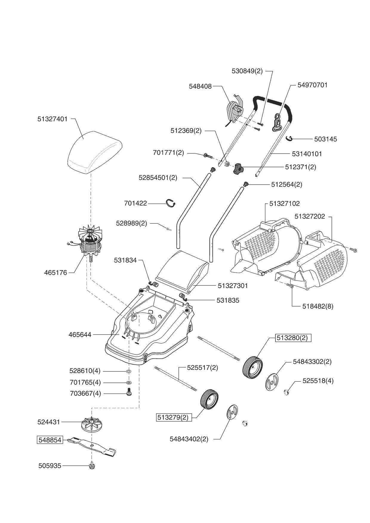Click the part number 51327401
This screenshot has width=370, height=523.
(x=53, y=119)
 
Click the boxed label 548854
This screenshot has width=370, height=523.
(x=50, y=440)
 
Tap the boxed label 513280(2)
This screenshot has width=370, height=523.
(x=293, y=338)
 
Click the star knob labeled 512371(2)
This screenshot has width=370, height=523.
(x=238, y=169)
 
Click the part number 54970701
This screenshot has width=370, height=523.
(x=312, y=85)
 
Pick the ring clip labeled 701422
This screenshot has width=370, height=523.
(x=171, y=203)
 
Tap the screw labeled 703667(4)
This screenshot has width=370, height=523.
(x=129, y=392)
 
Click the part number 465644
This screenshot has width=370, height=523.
(x=80, y=335)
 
